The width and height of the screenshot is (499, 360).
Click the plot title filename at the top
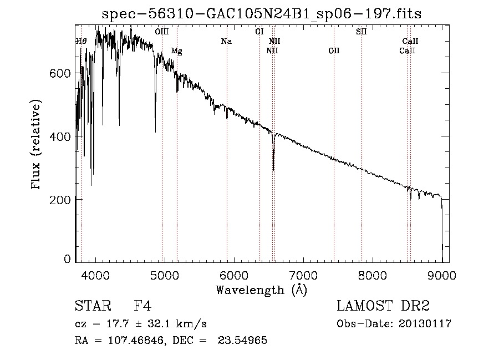262,14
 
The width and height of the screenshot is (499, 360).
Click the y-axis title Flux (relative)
37,145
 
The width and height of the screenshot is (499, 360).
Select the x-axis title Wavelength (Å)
261,290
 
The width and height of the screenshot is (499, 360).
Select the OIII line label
162,32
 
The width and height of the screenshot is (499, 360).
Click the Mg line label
176,51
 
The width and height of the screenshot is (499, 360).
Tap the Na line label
226,42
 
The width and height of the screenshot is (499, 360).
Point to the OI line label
259,32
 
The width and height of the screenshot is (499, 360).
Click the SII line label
361,32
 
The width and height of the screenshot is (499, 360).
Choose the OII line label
333,51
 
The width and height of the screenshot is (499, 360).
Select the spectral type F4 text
142,306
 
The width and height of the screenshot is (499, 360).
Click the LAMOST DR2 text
383,306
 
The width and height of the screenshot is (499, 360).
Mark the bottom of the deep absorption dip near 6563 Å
273,169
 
